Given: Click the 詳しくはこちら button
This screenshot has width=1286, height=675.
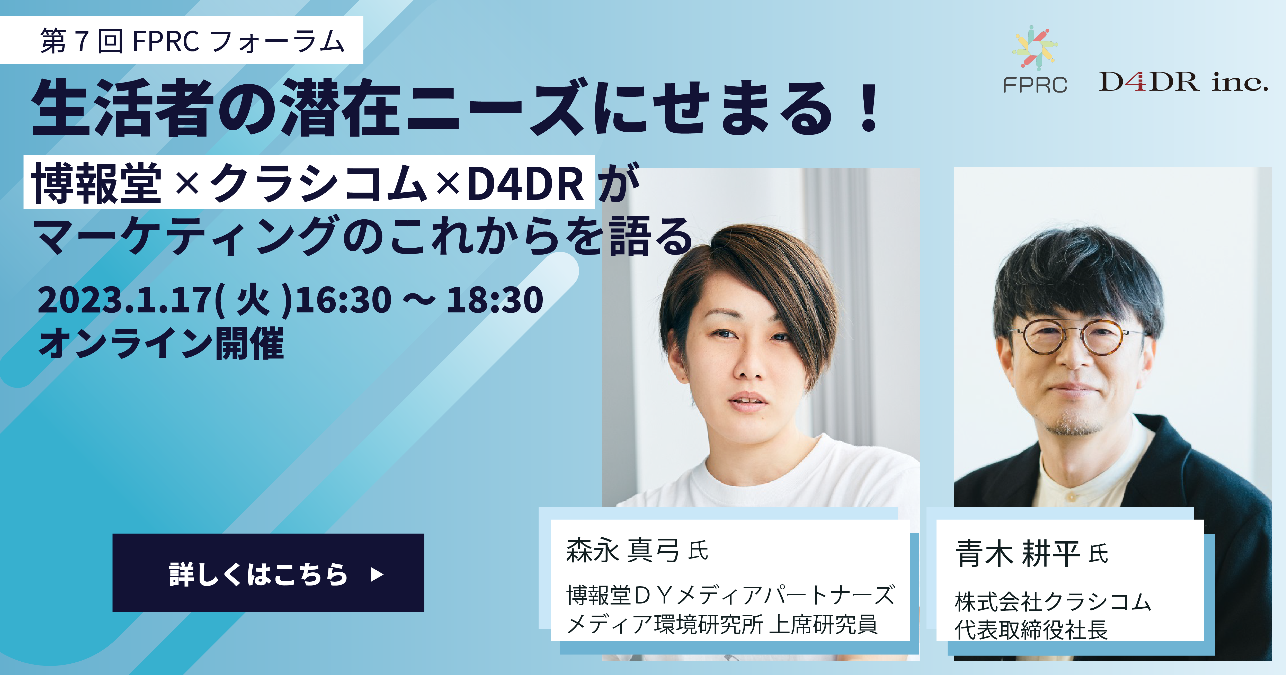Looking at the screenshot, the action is (x=268, y=573).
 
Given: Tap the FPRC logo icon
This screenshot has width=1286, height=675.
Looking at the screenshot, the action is (x=1035, y=47).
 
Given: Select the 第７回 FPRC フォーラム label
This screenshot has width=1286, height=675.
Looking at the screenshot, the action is (x=192, y=41).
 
